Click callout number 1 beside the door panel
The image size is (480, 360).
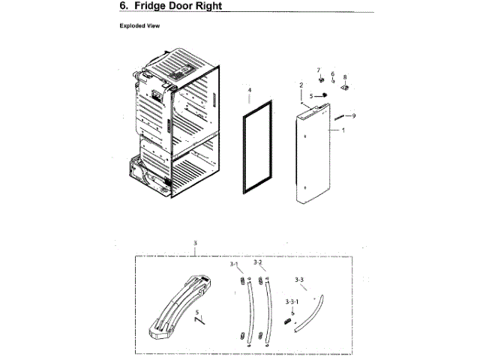343,130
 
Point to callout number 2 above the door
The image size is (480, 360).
301,85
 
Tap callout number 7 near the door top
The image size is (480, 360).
318,70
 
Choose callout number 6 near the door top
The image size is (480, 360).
332,74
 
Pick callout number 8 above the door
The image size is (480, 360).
345,77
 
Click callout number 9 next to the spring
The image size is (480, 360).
354,115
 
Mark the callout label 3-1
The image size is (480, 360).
233,265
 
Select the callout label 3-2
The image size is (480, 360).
258,263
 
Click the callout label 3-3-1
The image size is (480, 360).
292,301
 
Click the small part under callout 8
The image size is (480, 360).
346,87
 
